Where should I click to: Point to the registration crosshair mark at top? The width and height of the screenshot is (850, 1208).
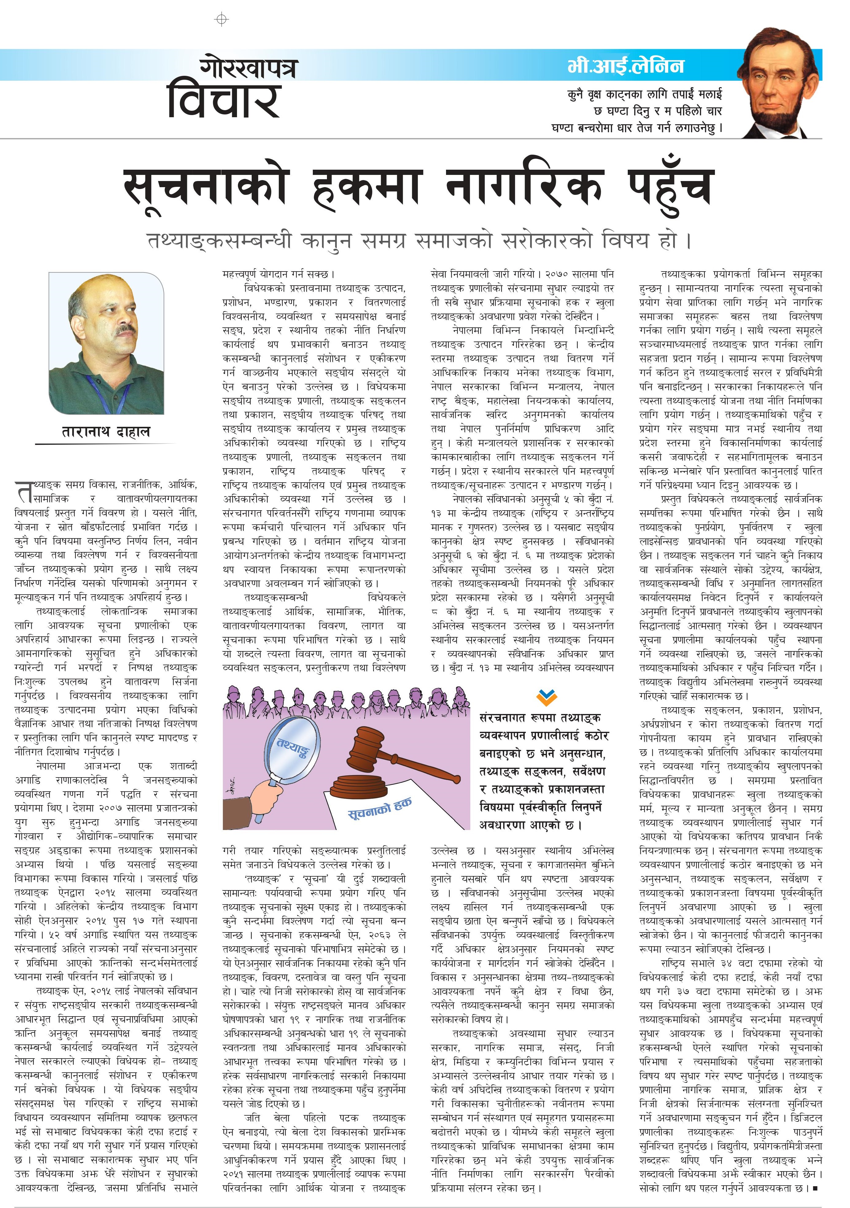click(x=222, y=19)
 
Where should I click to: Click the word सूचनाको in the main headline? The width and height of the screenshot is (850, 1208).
click(x=205, y=187)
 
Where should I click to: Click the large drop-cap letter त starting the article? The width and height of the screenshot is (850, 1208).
click(x=23, y=492)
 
